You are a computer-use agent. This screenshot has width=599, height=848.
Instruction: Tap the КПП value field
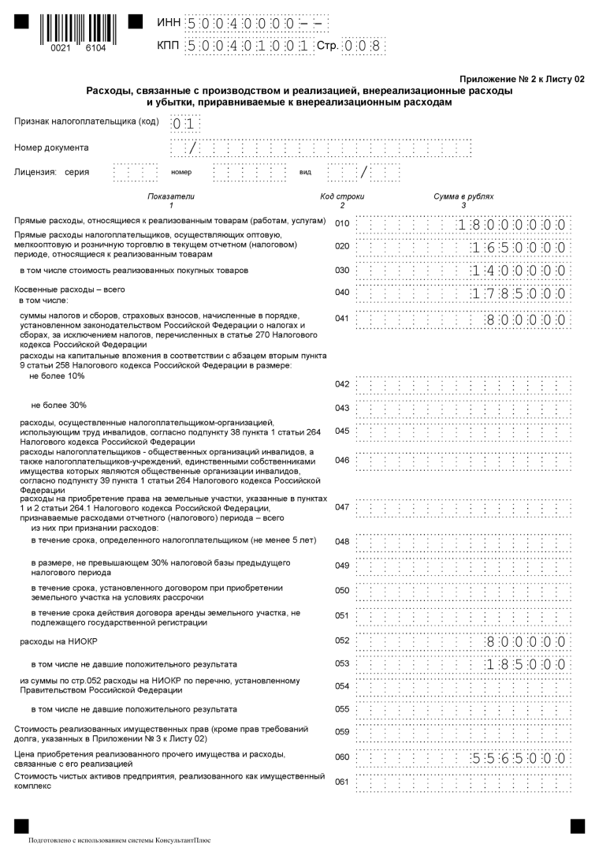click(x=247, y=46)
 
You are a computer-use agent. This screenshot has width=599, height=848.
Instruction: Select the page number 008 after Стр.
click(x=363, y=46)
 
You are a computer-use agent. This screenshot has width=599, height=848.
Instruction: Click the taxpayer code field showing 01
click(x=185, y=123)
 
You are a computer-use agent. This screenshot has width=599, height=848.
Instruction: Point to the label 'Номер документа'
click(x=51, y=148)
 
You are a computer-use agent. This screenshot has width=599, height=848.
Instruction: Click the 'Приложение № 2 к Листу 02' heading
click(x=522, y=80)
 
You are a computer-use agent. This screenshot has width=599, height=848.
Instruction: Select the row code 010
click(x=341, y=225)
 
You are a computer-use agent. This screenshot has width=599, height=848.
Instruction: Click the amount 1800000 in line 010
click(x=512, y=225)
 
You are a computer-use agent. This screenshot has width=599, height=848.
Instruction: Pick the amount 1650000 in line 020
click(x=519, y=248)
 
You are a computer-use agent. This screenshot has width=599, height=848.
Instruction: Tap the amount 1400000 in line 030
click(x=519, y=271)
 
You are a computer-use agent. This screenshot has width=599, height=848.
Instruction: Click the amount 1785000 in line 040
click(x=519, y=294)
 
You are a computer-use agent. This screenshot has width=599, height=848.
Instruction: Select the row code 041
click(x=341, y=319)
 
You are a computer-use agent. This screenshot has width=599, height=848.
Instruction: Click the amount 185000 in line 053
click(x=526, y=665)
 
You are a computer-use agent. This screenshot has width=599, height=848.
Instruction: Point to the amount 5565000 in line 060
click(x=519, y=758)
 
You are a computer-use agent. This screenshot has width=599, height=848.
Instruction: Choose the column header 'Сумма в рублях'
click(x=463, y=196)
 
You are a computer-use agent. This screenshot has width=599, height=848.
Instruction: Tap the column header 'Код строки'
click(x=342, y=196)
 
